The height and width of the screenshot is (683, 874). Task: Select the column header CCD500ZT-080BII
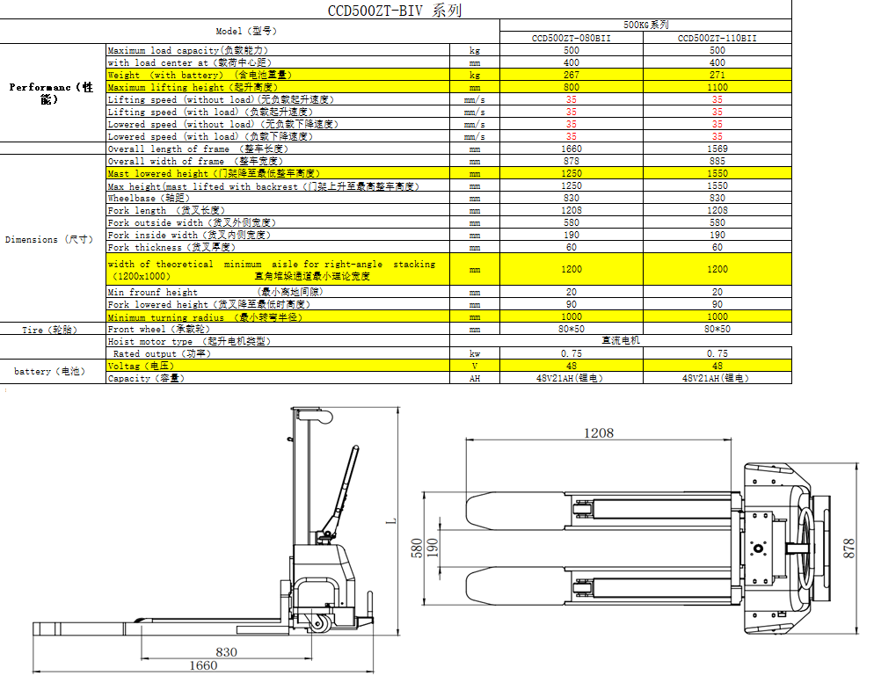pos(572,39)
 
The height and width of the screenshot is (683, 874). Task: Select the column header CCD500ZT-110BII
pos(717,39)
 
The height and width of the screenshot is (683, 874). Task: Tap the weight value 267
pos(572,75)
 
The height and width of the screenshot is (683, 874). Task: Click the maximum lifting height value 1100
pos(717,87)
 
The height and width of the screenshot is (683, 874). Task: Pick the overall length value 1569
pos(717,149)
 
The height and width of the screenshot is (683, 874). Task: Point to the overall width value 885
pos(717,161)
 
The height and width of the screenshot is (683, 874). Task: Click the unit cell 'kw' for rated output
pos(475,353)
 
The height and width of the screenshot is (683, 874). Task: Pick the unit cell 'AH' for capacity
pos(475,378)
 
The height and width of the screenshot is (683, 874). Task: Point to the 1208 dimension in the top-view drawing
pos(599,432)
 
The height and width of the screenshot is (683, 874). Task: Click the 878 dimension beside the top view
pos(849,549)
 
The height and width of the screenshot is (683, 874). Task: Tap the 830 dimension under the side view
pos(226,652)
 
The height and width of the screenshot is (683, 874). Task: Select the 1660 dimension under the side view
pos(203,665)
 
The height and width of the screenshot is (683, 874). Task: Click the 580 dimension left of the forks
pos(417,549)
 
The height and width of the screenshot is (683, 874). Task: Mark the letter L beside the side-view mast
pos(391,521)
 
